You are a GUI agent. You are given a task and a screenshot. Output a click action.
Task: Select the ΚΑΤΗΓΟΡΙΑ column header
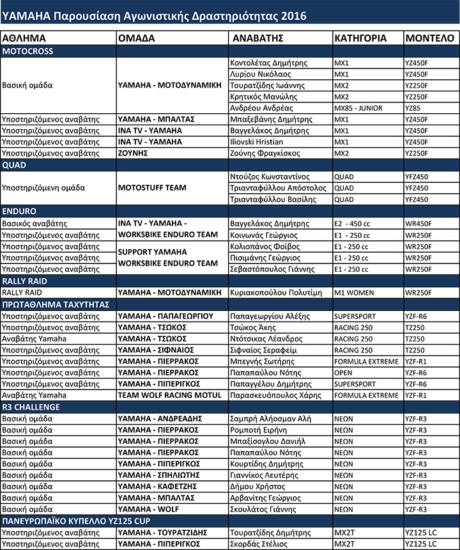[x=360, y=38]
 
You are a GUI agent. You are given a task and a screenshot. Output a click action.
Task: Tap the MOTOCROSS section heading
[x=29, y=51]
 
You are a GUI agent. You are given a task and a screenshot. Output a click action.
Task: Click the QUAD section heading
[x=15, y=164]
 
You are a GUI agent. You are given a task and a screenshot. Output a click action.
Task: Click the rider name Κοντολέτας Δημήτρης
[x=269, y=63]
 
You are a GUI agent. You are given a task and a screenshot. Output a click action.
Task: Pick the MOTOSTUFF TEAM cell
[x=152, y=188]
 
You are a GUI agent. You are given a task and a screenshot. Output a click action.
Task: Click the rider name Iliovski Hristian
[x=259, y=142]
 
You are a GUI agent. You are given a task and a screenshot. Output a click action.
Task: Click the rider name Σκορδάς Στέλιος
[x=263, y=544]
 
